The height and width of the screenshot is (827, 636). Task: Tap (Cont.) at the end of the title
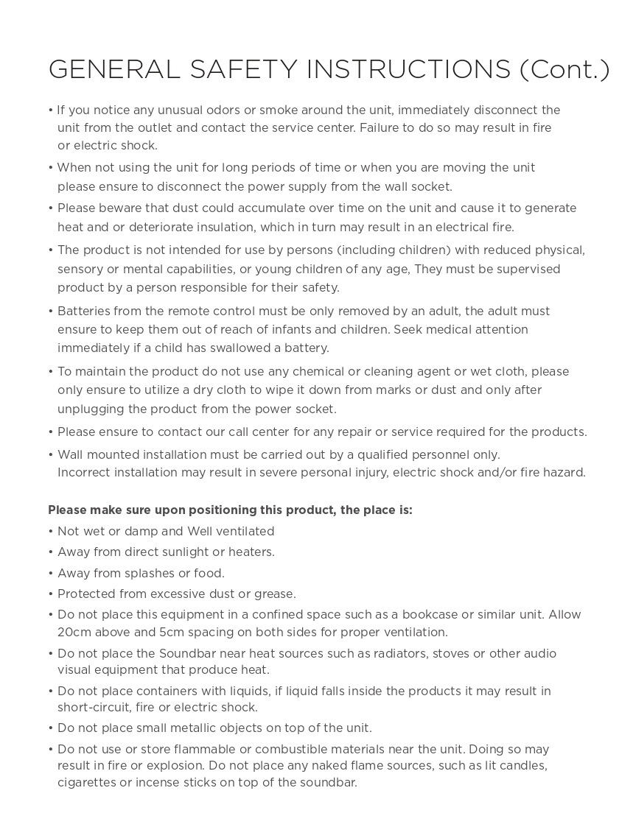(565, 69)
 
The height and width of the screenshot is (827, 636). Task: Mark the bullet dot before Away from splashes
(51, 574)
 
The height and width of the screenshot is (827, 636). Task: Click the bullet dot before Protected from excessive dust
(51, 594)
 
